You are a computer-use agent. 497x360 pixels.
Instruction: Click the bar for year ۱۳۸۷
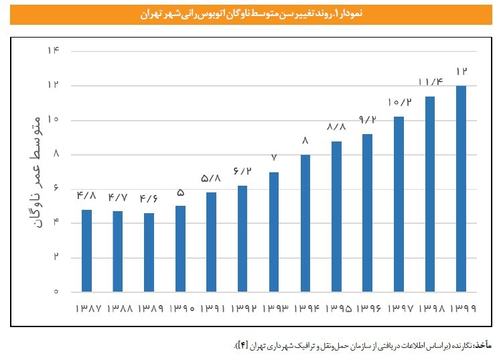(x=86, y=251)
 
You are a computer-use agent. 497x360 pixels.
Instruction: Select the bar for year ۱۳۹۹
(x=461, y=188)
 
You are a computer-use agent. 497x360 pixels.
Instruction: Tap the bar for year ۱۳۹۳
(x=273, y=232)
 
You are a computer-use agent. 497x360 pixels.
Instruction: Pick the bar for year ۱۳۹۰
(x=180, y=248)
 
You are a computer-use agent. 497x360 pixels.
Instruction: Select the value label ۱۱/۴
(x=430, y=82)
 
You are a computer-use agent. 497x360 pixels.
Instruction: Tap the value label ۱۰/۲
(x=399, y=103)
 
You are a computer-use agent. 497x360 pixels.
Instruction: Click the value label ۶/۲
(x=242, y=172)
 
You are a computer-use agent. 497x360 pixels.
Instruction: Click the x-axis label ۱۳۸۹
(x=149, y=310)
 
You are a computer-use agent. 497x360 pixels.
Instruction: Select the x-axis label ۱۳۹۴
(x=305, y=310)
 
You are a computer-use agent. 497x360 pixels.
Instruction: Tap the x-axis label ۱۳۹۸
(x=430, y=310)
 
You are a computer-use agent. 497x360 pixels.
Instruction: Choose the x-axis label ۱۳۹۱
(x=211, y=310)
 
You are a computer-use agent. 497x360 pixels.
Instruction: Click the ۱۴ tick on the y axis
(x=53, y=51)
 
